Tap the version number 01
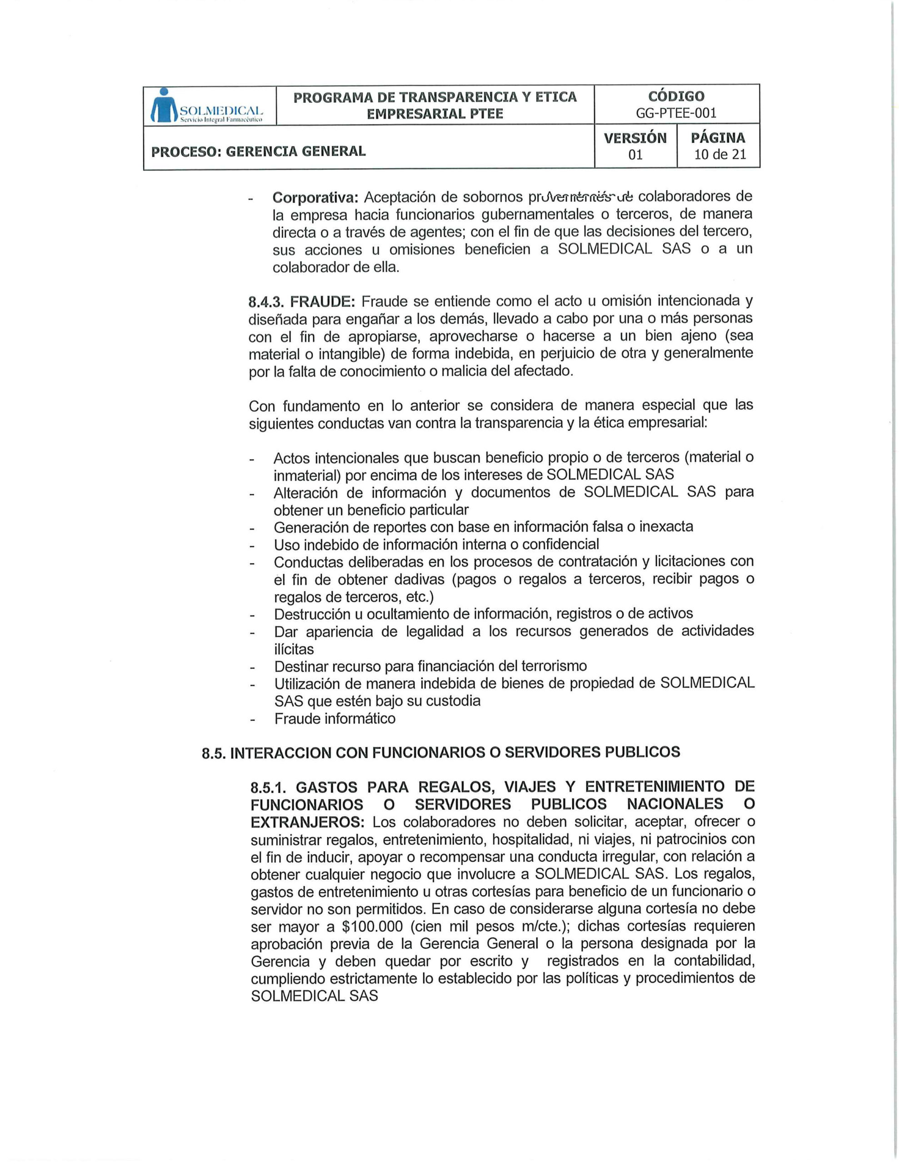[x=634, y=155]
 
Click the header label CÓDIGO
[x=676, y=96]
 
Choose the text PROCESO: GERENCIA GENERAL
[x=259, y=151]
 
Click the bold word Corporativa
[x=316, y=197]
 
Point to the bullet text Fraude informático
[x=335, y=718]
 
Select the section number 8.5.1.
[x=269, y=787]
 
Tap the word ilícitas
[x=294, y=649]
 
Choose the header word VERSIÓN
[x=634, y=138]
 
